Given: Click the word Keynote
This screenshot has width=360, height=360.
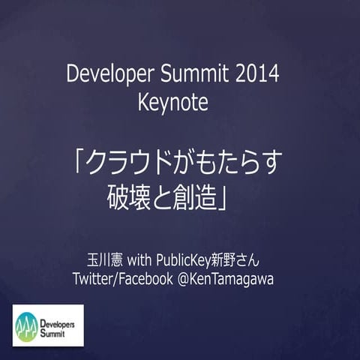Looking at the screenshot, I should click(x=172, y=103).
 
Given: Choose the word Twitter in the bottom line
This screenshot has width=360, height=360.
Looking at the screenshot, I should click(x=96, y=279).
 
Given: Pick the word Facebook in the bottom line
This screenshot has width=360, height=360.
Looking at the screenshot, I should click(x=152, y=279).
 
